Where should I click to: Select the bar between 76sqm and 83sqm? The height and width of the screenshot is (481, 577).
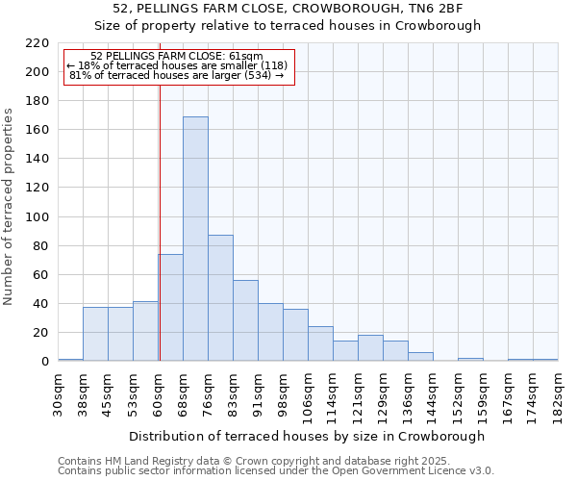pos(220,298)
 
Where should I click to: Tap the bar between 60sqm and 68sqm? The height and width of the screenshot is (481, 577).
pos(170,308)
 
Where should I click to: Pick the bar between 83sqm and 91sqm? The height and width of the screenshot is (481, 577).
pos(245,320)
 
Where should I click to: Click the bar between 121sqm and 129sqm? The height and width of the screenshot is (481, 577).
pos(370,348)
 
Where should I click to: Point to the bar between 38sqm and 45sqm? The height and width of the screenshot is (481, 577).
pos(95,334)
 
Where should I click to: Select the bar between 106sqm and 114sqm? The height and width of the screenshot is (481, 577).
pos(320,343)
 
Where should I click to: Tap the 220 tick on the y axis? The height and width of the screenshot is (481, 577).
pos(38,43)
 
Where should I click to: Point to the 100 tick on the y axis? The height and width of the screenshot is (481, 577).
pos(38,217)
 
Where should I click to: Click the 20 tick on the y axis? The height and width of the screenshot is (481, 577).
pos(42,333)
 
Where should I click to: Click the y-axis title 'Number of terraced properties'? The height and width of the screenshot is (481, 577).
pos(9,207)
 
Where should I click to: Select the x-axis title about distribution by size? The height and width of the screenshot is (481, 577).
pos(307,436)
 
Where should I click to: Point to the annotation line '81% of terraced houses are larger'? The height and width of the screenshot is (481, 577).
pos(177,75)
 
